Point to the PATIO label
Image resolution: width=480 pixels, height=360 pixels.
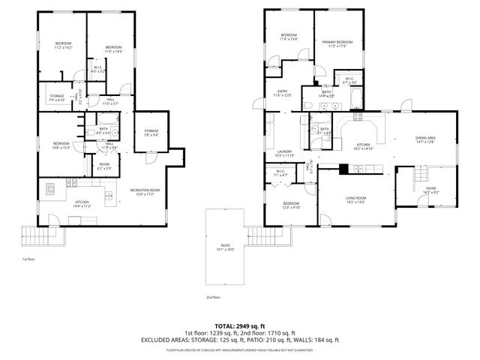[225, 247]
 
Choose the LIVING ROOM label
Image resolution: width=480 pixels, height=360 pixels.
[356, 199]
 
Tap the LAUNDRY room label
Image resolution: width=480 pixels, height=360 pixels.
[284, 153]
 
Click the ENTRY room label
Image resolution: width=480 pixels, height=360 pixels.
[282, 93]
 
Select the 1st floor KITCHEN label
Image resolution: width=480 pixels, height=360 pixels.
[82, 203]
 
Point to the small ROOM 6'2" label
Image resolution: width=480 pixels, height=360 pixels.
[104, 166]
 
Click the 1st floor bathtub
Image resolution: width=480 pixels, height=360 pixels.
[106, 119]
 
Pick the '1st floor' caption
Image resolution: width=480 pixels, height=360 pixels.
[28, 259]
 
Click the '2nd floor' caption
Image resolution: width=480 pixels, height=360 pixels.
[214, 296]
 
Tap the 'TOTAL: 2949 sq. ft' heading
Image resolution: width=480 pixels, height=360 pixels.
[240, 326]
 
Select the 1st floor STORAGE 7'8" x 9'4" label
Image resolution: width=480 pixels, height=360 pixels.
[151, 133]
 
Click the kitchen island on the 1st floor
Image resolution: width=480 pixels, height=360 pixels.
[52, 188]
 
